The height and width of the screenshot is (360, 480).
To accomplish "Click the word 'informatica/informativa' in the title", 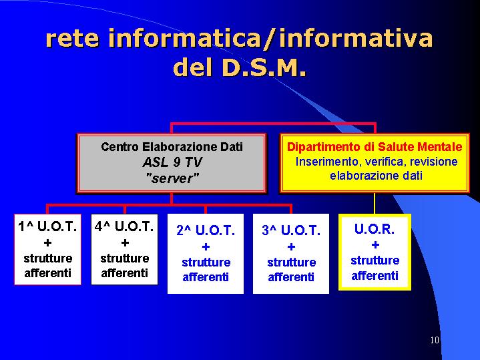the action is click(270, 39).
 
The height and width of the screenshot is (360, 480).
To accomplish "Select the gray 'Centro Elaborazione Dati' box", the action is click(172, 163).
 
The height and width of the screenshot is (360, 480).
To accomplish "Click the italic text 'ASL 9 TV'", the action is click(172, 162).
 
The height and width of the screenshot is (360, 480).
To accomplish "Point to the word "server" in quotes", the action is click(172, 178).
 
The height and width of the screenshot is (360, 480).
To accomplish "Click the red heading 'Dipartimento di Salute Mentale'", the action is click(375, 147).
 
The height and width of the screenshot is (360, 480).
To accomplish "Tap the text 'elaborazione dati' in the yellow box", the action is click(377, 176).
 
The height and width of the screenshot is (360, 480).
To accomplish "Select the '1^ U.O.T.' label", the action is click(47, 226).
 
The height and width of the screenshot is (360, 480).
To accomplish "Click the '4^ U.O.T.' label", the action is click(124, 226).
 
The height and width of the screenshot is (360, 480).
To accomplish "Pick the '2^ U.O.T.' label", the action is click(206, 230).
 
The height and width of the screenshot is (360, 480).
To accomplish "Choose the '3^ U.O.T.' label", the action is click(291, 230).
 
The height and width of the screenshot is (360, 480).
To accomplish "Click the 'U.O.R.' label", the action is click(375, 229).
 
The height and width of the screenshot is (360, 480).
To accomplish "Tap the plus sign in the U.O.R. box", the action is click(375, 245).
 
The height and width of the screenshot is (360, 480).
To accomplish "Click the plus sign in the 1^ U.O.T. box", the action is click(47, 243).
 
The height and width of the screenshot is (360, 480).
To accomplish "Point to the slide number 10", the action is click(435, 340).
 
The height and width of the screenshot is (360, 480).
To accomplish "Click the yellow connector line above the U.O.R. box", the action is click(375, 204).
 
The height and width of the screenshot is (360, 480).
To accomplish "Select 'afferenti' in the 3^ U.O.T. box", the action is click(291, 277).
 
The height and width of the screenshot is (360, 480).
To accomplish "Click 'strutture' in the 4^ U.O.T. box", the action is click(125, 258).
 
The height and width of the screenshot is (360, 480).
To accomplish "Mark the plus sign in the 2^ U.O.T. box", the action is click(206, 246).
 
